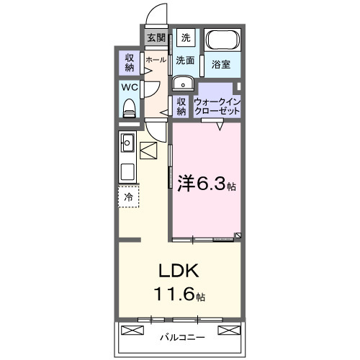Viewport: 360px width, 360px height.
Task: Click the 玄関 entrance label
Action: [156, 37]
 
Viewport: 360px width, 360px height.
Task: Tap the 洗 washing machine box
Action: [186, 37]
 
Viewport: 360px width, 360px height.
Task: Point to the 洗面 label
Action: [186, 60]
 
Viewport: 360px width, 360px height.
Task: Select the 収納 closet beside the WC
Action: [129, 62]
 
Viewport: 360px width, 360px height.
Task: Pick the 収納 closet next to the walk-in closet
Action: [181, 107]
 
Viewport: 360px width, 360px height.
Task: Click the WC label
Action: [129, 87]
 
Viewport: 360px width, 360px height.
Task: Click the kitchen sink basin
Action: [127, 142]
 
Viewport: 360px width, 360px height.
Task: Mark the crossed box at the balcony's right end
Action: [229, 330]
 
